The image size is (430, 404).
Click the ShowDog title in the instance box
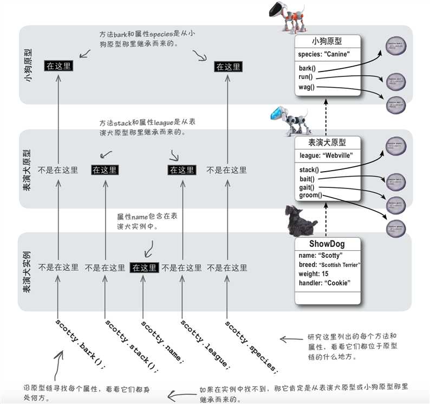327,244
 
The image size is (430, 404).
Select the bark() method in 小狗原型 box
307,69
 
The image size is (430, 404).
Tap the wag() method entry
307,87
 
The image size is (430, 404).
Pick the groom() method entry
311,196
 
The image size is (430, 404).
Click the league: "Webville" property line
326,155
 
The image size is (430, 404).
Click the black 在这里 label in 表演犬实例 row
144,268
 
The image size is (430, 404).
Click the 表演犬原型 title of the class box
327,143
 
